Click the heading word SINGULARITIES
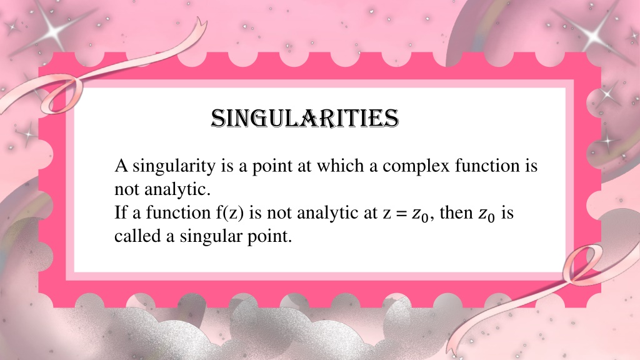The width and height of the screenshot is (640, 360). point(304,119)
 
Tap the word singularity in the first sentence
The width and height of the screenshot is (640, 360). point(174,166)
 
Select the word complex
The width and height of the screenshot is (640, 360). point(416,166)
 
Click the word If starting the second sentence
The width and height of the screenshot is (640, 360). point(121,212)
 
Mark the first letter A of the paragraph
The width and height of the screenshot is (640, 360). point(121,166)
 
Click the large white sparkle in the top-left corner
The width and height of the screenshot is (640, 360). point(52,28)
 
